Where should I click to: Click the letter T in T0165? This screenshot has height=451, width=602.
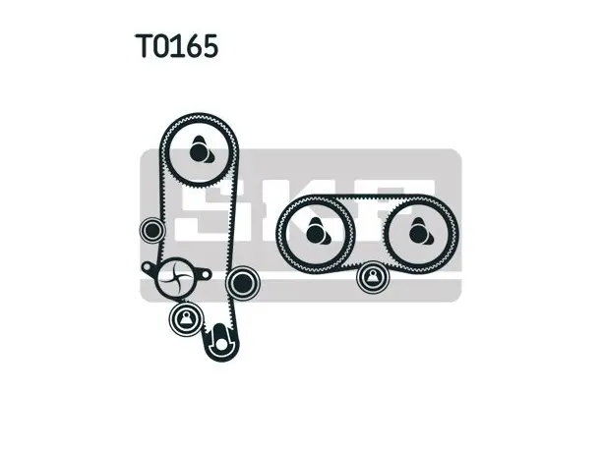(145, 45)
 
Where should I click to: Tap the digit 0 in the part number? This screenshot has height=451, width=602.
(163, 45)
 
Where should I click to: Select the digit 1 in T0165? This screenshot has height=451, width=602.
(179, 45)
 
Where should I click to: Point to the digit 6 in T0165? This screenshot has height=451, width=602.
(194, 45)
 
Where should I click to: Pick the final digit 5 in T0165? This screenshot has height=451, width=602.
(211, 45)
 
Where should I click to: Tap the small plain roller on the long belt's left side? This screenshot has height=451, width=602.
(152, 230)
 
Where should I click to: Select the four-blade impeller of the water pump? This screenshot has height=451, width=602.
(175, 277)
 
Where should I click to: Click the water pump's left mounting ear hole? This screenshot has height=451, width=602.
(147, 266)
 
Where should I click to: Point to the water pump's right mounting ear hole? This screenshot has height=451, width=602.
(206, 274)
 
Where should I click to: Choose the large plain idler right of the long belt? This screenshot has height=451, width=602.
(242, 283)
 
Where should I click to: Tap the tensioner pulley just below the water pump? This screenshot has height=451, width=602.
(186, 319)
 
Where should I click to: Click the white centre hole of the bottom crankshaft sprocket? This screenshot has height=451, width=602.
(221, 344)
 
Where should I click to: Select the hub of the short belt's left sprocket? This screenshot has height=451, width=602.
(316, 233)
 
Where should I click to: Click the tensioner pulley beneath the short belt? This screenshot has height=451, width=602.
(373, 276)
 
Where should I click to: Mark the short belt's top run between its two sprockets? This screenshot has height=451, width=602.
(368, 197)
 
